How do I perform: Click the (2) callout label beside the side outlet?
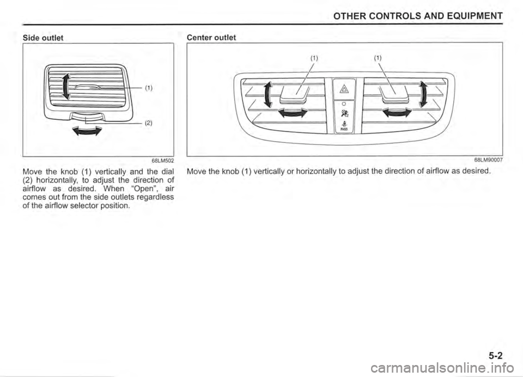point(149,123)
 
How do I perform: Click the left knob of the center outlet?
point(293,98)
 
